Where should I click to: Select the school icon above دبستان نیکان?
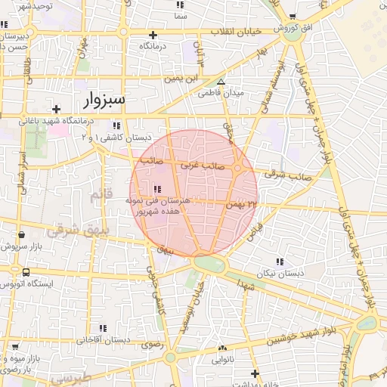tap(280, 262)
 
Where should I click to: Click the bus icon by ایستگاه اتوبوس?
tap(26, 273)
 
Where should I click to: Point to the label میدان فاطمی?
tap(221, 94)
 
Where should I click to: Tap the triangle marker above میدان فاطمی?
tap(221, 82)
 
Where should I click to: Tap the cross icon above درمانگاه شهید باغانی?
tap(56, 109)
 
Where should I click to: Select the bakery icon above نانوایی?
tap(222, 348)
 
